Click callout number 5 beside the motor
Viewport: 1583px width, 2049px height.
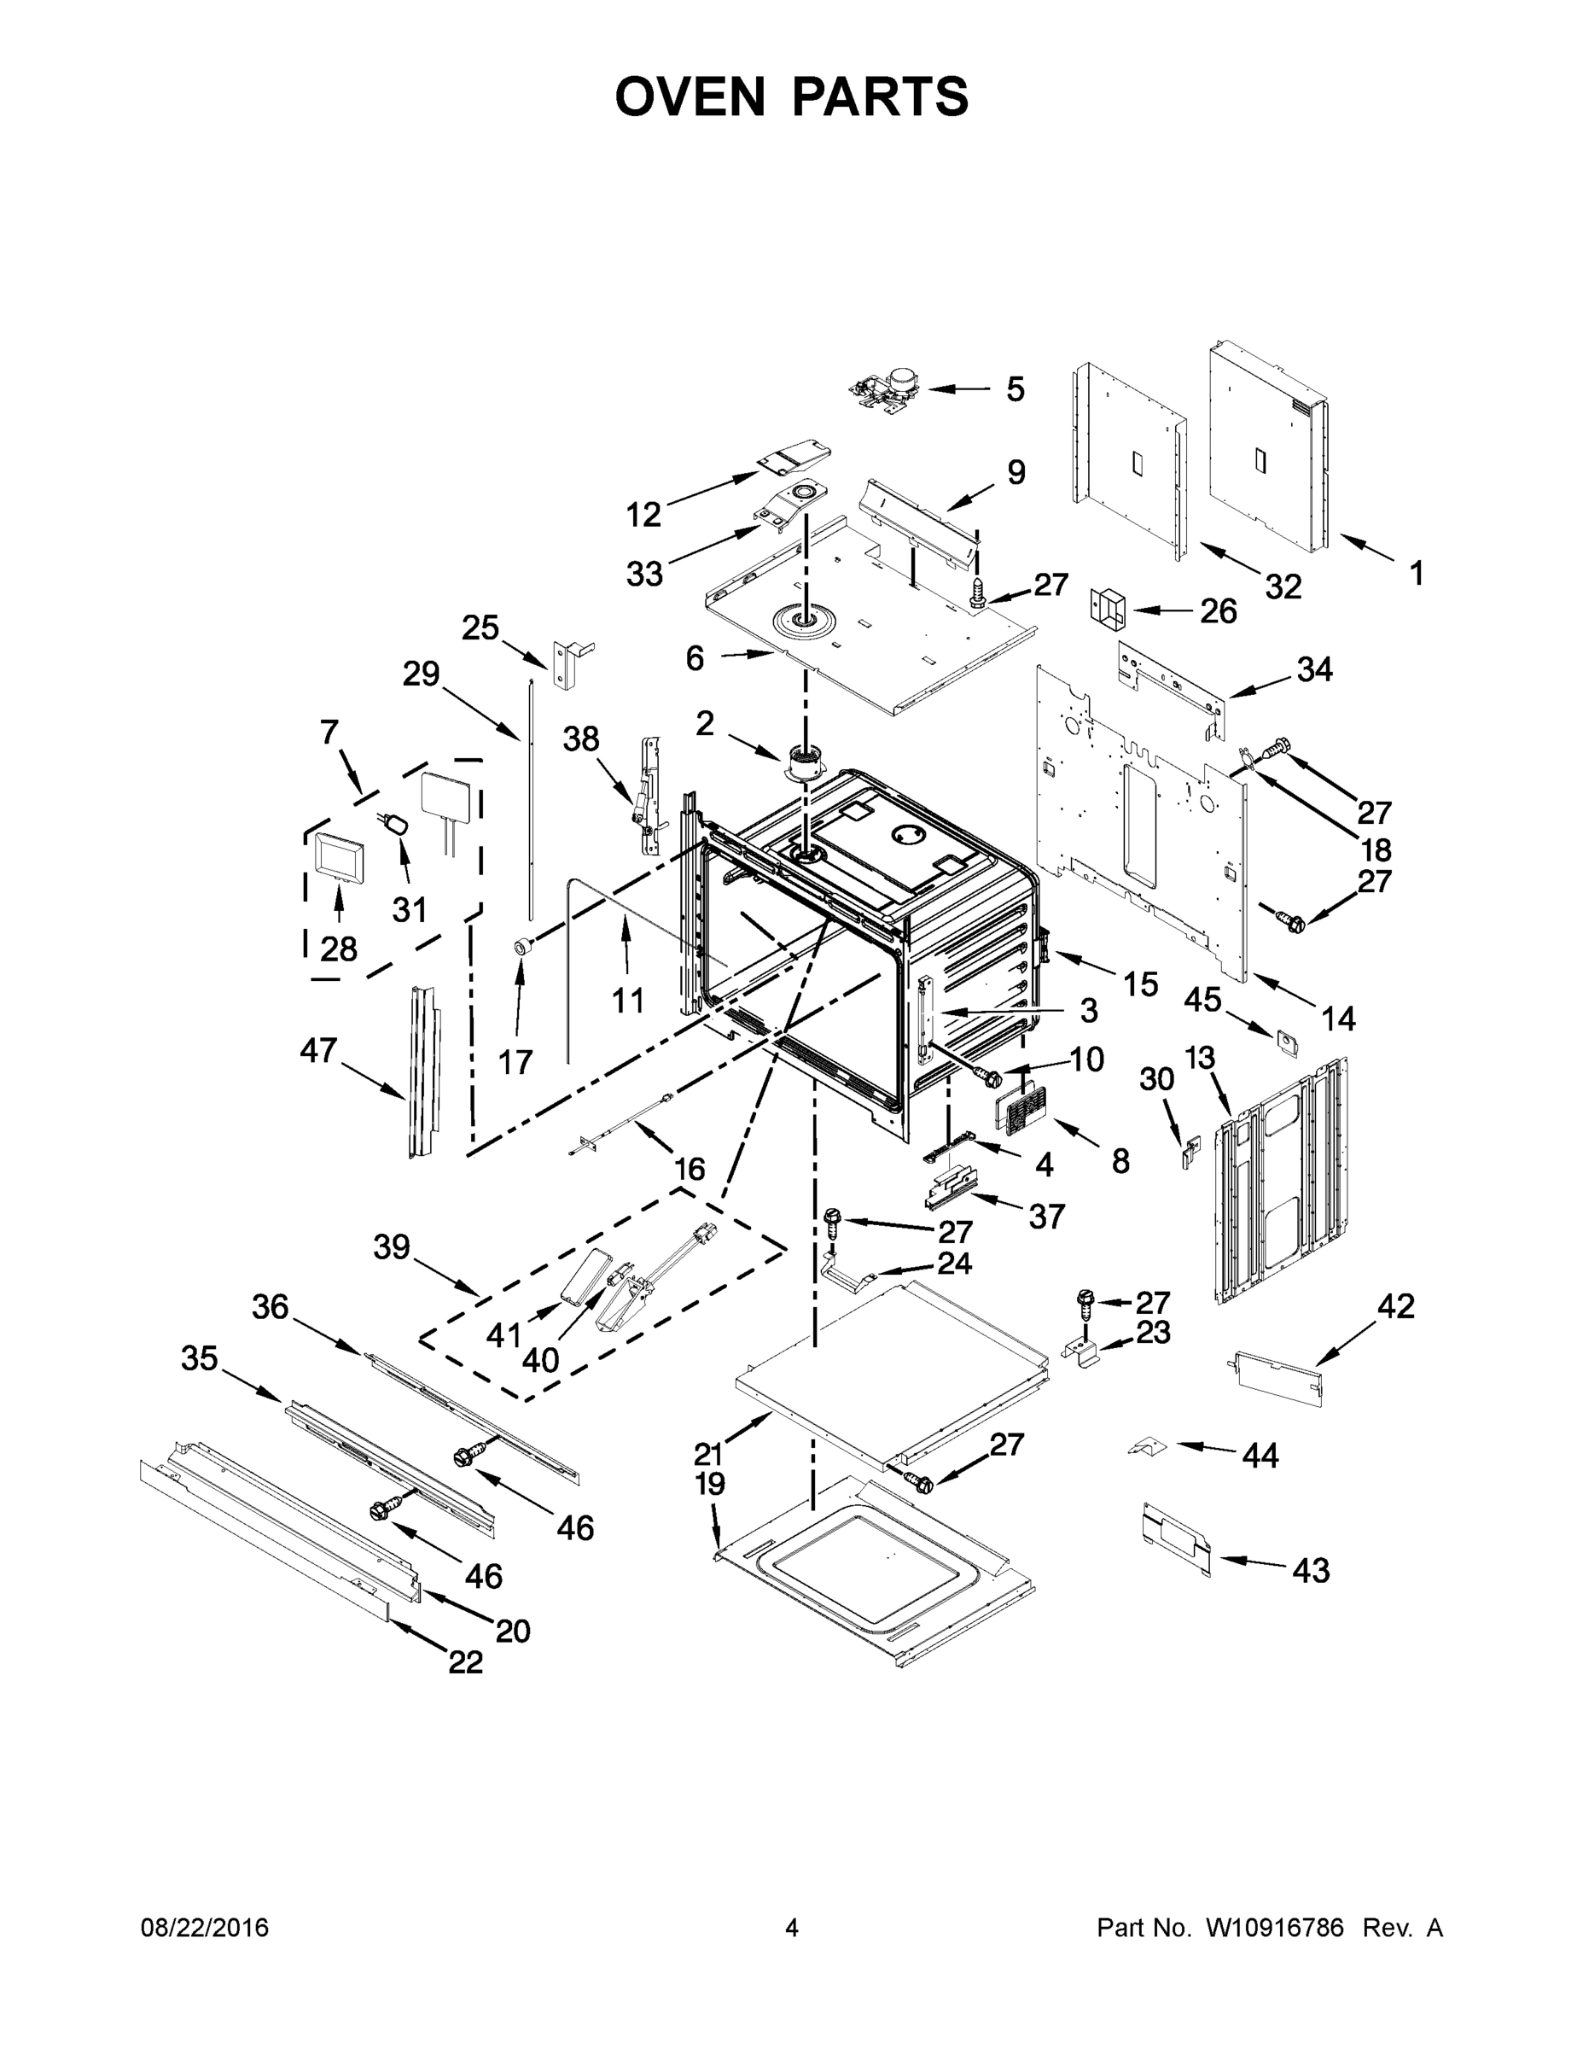click(x=1015, y=389)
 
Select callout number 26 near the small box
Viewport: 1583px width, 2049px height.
click(x=1219, y=610)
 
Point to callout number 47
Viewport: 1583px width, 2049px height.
click(x=318, y=1050)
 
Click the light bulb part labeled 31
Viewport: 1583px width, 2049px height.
click(x=397, y=826)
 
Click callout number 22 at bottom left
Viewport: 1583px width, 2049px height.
click(x=465, y=1663)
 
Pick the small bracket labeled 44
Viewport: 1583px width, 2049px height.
click(x=1146, y=1447)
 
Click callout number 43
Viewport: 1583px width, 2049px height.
click(x=1310, y=1571)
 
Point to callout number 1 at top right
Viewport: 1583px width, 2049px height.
click(x=1416, y=572)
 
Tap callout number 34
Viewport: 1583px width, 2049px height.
click(x=1314, y=669)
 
